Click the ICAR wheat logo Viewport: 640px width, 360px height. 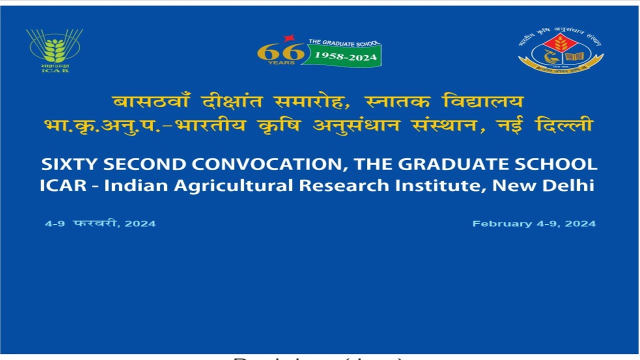54,50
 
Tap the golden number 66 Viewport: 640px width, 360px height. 281,51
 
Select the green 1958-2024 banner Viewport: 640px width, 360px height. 345,56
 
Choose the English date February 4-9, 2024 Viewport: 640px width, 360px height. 534,223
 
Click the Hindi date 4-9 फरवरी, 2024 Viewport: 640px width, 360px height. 100,223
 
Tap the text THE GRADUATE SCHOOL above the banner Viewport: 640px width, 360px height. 344,43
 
